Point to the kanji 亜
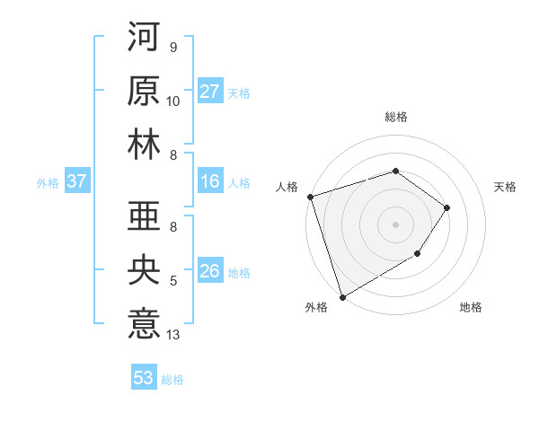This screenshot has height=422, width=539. tap(145, 215)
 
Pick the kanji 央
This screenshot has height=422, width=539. tap(145, 268)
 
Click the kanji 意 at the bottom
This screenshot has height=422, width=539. tap(145, 321)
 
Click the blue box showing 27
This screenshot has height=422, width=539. tap(210, 92)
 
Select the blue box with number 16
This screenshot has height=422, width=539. tap(210, 181)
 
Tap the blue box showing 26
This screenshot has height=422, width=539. tap(210, 271)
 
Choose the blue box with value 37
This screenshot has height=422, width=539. tap(77, 181)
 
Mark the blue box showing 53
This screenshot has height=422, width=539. tap(144, 378)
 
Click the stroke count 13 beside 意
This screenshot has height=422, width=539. tap(173, 335)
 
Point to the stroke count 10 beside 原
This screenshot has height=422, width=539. tap(173, 101)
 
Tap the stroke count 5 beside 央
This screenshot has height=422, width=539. tap(172, 281)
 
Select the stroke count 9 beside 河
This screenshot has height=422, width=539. tap(172, 48)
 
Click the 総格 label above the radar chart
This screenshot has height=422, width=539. tap(395, 117)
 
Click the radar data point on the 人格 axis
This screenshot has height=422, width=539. tap(310, 196)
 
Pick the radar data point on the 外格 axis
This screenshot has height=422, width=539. tap(342, 296)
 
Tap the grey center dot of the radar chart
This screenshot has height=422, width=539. tap(395, 224)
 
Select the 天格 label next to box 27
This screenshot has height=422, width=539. tap(239, 92)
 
